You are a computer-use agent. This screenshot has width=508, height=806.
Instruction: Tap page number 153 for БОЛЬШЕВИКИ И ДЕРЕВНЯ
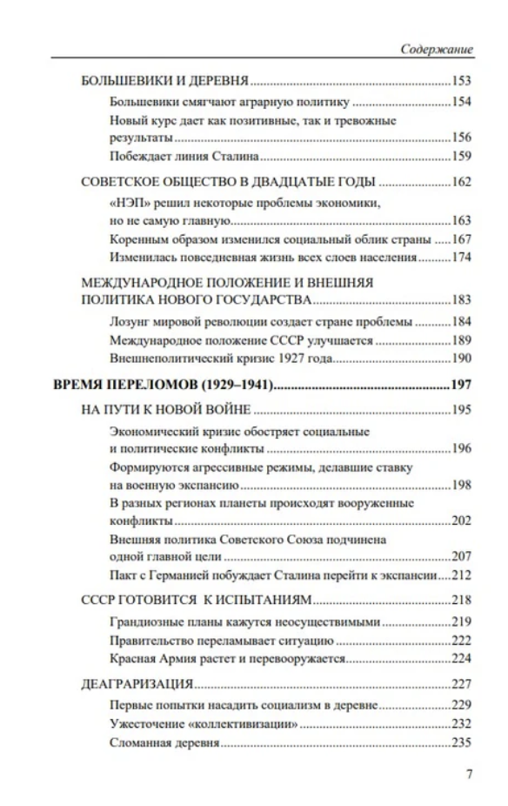point(461,82)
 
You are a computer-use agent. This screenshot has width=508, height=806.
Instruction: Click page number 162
point(461,182)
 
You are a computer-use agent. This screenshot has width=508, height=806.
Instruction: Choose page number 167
point(461,239)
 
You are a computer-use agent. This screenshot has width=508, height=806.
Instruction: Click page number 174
point(461,258)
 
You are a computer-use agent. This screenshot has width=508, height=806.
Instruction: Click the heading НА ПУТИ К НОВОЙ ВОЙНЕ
point(165,410)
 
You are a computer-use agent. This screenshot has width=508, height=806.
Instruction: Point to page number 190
point(461,358)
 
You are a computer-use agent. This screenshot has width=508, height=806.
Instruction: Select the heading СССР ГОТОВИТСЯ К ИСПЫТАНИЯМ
point(196,600)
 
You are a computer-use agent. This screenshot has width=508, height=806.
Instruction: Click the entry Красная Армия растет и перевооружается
point(229,658)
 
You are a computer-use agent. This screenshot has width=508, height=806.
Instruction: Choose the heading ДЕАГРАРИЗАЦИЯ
point(137,683)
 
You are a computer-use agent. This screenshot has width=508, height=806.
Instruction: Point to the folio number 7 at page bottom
point(469,775)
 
